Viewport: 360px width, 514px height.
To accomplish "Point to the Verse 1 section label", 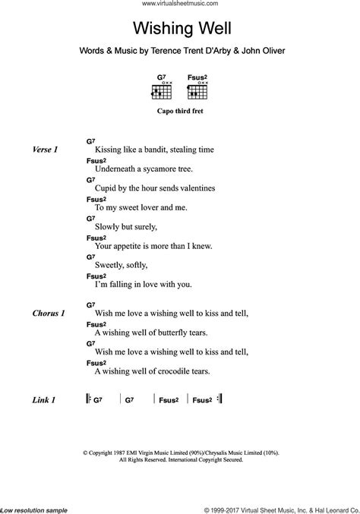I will click(45, 150).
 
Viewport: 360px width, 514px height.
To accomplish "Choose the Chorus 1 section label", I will click(49, 313).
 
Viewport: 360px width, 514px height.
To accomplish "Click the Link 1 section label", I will click(45, 399).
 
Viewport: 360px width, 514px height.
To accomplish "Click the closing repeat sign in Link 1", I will click(219, 399).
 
